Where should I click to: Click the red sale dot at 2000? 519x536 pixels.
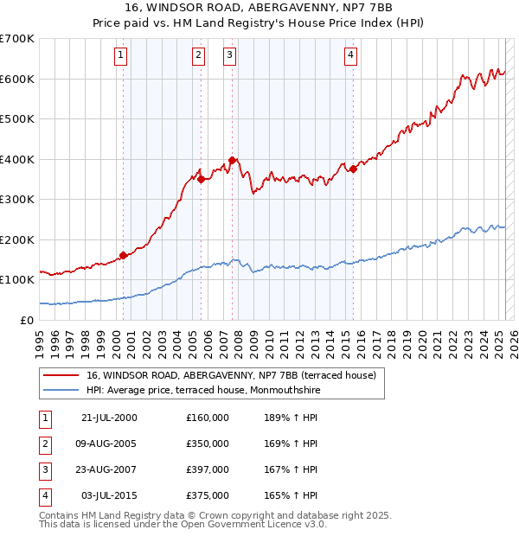click(x=123, y=255)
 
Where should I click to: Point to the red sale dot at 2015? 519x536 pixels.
click(x=353, y=169)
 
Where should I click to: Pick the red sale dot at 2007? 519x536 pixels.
click(x=233, y=161)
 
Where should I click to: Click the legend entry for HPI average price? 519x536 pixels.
click(x=203, y=390)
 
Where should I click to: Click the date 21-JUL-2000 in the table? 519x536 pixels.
click(x=109, y=418)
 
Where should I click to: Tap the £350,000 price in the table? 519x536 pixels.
click(x=208, y=443)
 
